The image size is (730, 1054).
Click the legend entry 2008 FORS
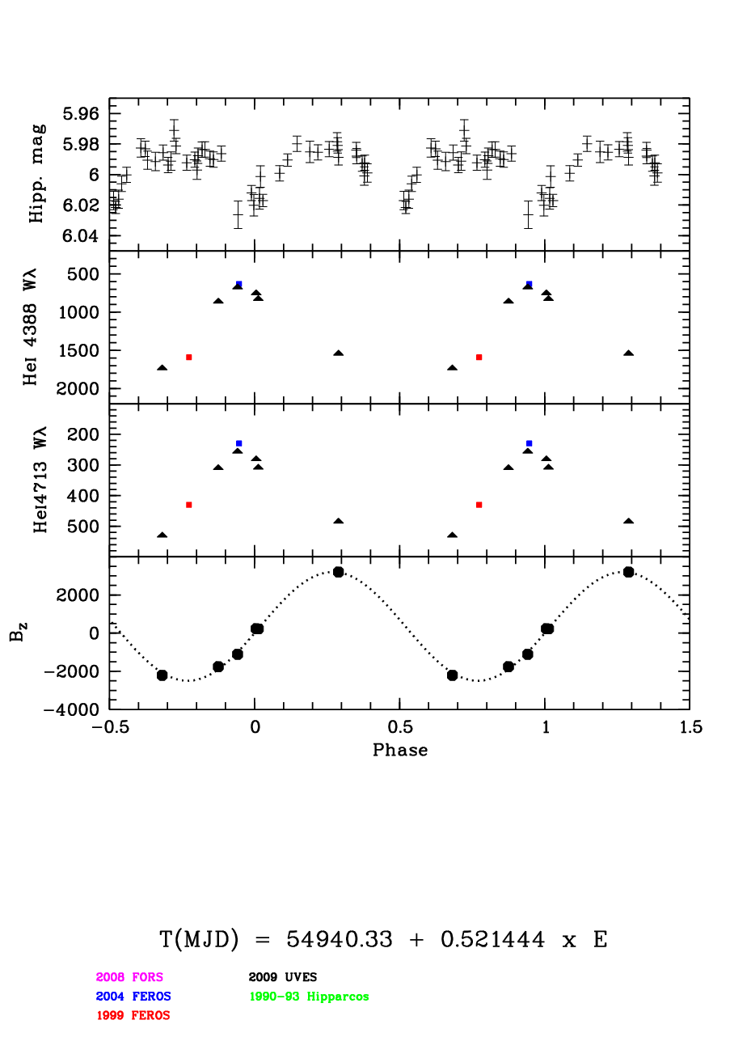[x=129, y=977]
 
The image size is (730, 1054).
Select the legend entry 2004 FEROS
[x=133, y=997]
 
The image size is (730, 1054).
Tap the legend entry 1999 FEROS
[x=133, y=1015]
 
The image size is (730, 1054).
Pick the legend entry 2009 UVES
[x=283, y=977]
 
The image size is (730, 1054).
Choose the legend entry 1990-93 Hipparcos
[x=309, y=997]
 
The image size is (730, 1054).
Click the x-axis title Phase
[x=400, y=750]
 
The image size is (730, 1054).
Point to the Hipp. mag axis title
[x=36, y=174]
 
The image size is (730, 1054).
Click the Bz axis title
[x=18, y=632]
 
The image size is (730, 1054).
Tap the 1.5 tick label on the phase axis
[x=690, y=727]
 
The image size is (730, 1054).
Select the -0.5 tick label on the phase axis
[x=110, y=727]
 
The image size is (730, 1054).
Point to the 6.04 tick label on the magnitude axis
[x=81, y=235]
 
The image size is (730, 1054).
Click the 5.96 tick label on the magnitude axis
[x=81, y=114]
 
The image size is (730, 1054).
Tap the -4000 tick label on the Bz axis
[x=71, y=709]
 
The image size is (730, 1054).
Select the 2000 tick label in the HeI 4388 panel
[x=78, y=388]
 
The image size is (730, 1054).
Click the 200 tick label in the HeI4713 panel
[x=83, y=434]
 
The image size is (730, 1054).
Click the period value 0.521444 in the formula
[x=492, y=939]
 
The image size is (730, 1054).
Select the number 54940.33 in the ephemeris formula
[x=339, y=939]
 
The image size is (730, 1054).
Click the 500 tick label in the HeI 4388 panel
[x=83, y=274]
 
